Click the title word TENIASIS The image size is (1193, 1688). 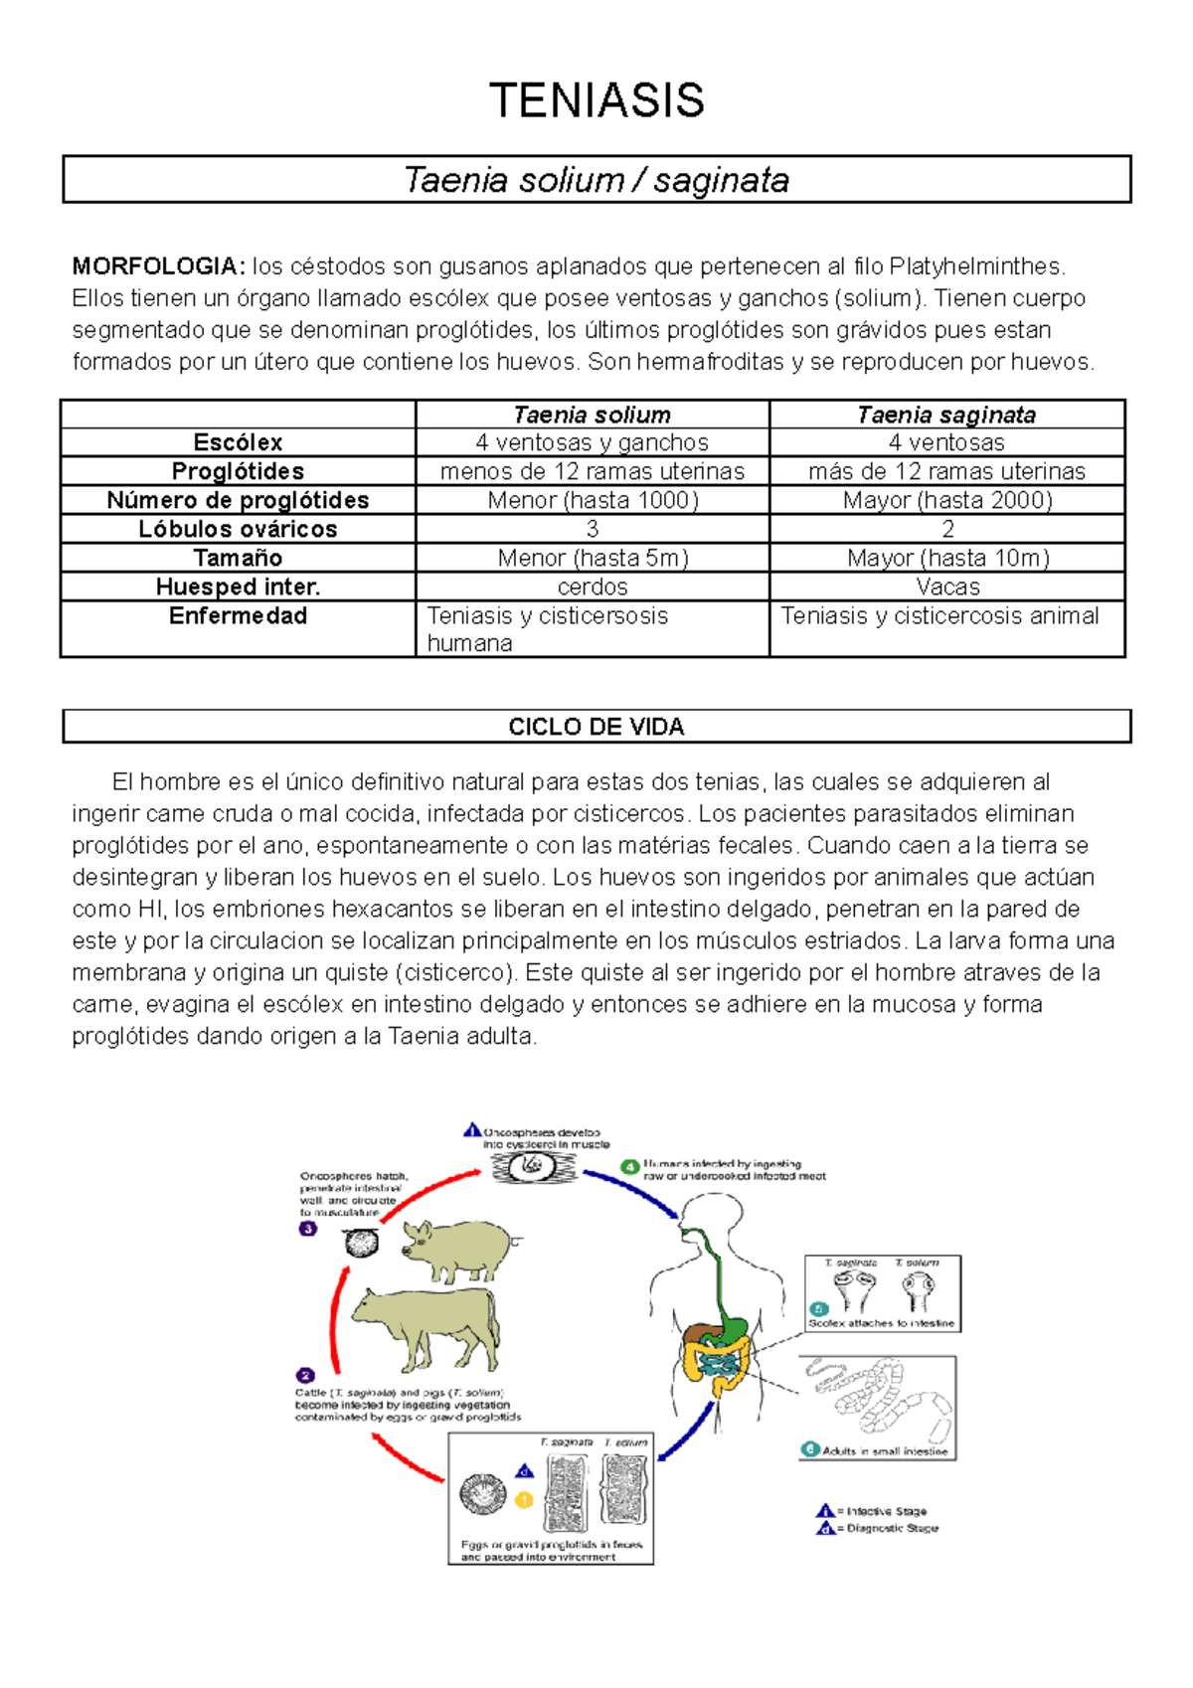pyautogui.click(x=596, y=101)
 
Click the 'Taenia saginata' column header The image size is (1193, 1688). pyautogui.click(x=946, y=415)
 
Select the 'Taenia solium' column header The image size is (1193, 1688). pyautogui.click(x=592, y=415)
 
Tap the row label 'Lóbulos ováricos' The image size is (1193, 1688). pyautogui.click(x=238, y=529)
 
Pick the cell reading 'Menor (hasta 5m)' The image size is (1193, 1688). pyautogui.click(x=593, y=558)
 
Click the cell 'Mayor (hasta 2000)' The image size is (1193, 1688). pyautogui.click(x=946, y=500)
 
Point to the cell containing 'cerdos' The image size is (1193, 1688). pyautogui.click(x=593, y=587)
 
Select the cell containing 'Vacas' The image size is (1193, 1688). pyautogui.click(x=946, y=587)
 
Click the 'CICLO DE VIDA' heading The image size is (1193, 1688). pyautogui.click(x=596, y=727)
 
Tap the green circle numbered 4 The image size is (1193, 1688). pyautogui.click(x=629, y=1167)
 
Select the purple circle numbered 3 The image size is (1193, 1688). pyautogui.click(x=308, y=1229)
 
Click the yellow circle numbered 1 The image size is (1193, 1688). pyautogui.click(x=524, y=1500)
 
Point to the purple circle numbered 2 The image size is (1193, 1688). pyautogui.click(x=305, y=1376)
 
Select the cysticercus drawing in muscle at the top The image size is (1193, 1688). pyautogui.click(x=535, y=1166)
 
